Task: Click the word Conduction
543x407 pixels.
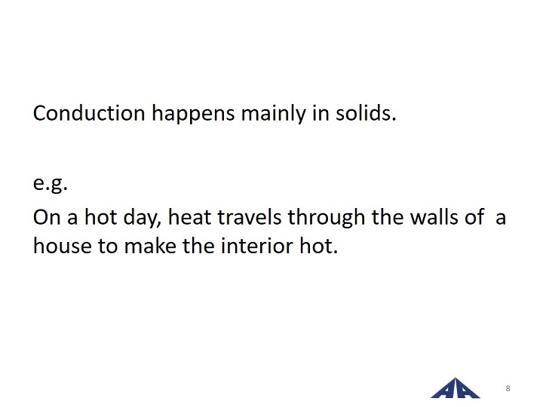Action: (x=89, y=113)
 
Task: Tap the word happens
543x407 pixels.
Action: (x=193, y=115)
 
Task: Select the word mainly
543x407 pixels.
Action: (x=274, y=115)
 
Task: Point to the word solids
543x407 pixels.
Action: (x=366, y=113)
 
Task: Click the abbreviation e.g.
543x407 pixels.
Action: (x=51, y=184)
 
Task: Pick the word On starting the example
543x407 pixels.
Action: (x=47, y=217)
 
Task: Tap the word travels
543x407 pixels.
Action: (x=250, y=217)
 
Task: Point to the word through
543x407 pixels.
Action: (x=327, y=219)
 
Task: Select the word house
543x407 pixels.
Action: (x=63, y=246)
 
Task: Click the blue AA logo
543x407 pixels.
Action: (x=456, y=388)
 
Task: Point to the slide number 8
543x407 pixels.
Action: (x=508, y=388)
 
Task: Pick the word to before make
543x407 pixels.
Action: (x=108, y=246)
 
